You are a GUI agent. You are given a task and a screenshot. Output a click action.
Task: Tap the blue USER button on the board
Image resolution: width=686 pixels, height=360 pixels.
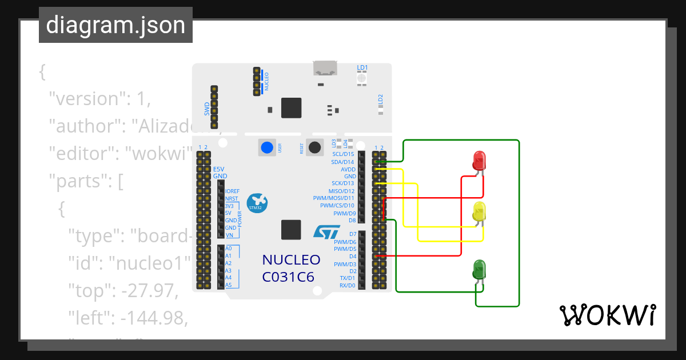point(267,147)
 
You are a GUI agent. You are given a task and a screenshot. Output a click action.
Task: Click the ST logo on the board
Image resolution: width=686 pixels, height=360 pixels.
point(326,231)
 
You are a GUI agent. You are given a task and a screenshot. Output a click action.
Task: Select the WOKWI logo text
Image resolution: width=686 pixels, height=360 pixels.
point(607,315)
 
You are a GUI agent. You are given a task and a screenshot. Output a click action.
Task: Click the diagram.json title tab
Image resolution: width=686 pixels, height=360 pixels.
point(115,26)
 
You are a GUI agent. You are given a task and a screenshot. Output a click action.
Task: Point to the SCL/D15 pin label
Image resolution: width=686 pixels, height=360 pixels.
point(343,154)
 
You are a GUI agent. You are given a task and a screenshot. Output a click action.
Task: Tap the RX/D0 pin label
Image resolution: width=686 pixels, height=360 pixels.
point(347,285)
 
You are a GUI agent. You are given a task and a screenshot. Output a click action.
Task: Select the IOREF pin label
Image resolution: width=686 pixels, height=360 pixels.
point(232,191)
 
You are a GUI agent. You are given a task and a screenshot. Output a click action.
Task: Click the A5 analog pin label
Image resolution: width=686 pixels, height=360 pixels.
point(229,285)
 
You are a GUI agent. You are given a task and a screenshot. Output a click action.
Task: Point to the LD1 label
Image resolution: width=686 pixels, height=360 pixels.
point(362,67)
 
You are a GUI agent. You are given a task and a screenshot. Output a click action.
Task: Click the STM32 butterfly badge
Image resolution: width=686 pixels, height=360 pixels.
point(257,202)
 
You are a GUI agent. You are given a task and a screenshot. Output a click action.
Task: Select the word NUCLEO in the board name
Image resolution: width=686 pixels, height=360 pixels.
point(291,260)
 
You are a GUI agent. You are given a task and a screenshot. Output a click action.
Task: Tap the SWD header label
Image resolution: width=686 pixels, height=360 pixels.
point(207,107)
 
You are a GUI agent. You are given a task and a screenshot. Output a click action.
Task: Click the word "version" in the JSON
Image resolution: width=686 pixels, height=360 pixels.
point(86,98)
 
